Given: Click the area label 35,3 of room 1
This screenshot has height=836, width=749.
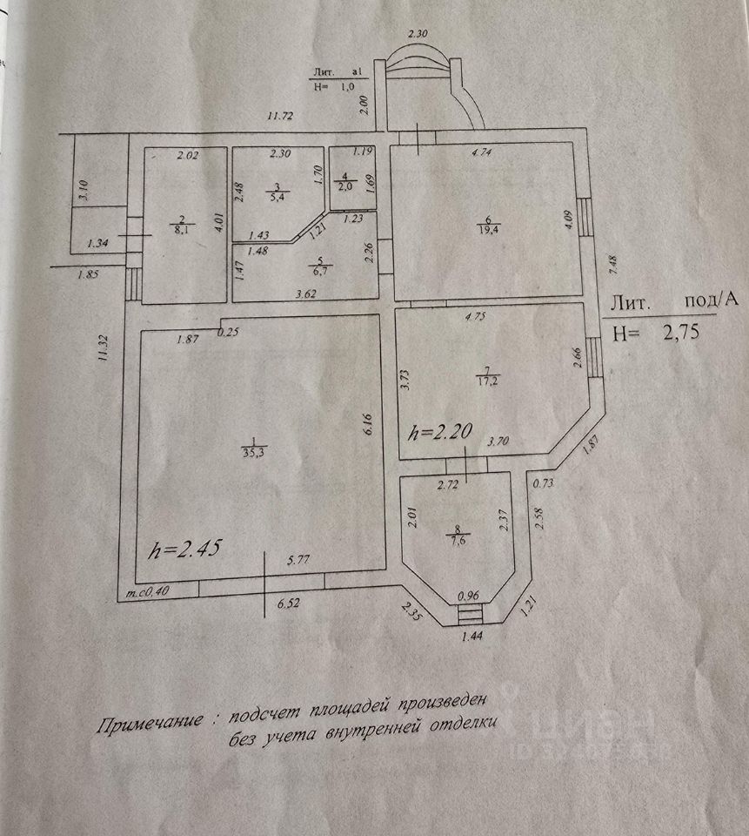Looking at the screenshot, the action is point(253,452).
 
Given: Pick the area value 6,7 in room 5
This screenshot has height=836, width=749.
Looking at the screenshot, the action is point(321,271).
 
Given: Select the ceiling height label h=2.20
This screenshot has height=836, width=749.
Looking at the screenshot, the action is point(442,431).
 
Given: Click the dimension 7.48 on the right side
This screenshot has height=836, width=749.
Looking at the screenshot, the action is point(613,260).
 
